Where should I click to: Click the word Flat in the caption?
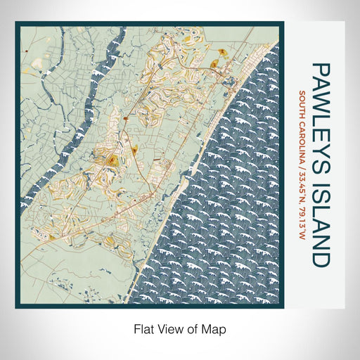click(x=143, y=328)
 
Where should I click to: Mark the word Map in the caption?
click(x=213, y=328)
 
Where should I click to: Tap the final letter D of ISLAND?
click(x=320, y=258)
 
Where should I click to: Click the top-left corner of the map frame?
click(x=15, y=22)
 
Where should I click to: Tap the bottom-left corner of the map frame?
click(x=15, y=309)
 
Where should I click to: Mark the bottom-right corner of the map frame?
click(x=284, y=309)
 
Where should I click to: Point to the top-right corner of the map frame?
click(x=284, y=22)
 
